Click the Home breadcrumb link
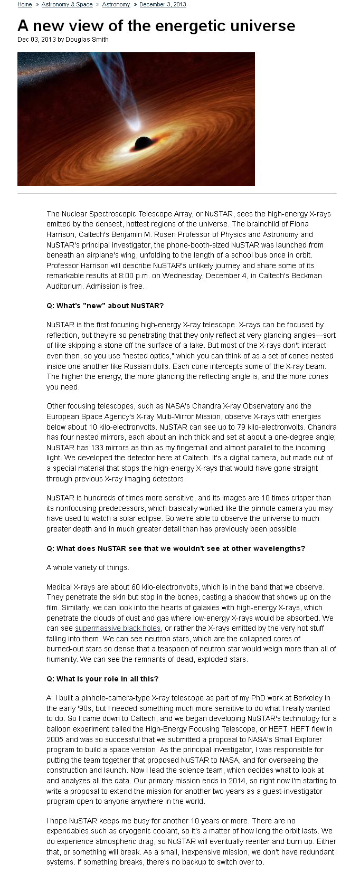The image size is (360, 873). coord(24,4)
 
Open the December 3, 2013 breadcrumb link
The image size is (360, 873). coord(163,4)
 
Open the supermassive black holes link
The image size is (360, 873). coord(118,628)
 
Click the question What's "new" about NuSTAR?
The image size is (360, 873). coord(105,306)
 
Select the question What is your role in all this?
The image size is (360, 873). coord(102,679)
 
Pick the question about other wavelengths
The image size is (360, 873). coord(175,548)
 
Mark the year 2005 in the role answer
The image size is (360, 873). coord(55,739)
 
